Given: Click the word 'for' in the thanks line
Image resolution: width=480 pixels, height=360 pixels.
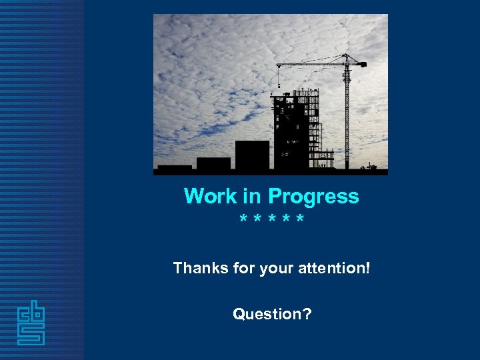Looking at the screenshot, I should tap(239, 268).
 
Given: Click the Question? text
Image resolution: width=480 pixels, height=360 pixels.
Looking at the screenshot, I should tap(271, 313).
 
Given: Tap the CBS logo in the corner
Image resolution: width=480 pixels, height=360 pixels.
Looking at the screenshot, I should tap(31, 323).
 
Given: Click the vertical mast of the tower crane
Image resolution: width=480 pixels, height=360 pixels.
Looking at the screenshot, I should tap(347, 113).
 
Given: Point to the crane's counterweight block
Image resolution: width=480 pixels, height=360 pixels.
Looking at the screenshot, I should tap(362, 64).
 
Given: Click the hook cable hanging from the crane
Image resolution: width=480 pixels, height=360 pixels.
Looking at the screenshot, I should tap(278, 77).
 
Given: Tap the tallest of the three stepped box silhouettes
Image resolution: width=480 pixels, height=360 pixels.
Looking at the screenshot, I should tap(252, 155).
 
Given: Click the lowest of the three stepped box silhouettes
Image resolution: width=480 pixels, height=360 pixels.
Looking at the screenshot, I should tap(175, 167).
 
